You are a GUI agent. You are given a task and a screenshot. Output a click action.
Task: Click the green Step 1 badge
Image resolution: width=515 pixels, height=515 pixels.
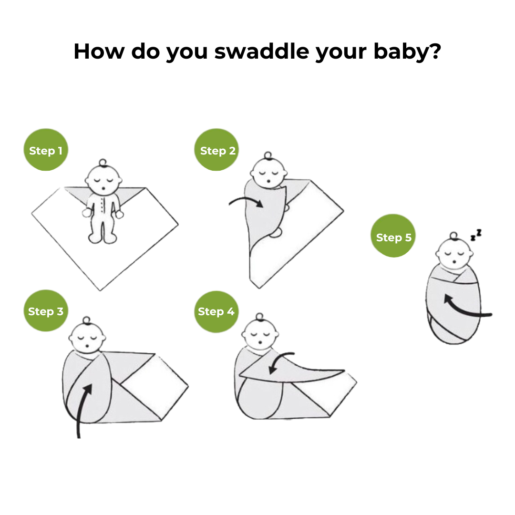click(x=46, y=150)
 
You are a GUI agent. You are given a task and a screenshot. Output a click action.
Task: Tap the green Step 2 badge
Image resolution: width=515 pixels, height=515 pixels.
click(x=216, y=150)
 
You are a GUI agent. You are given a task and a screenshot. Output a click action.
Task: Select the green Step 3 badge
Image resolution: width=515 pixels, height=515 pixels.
click(x=46, y=311)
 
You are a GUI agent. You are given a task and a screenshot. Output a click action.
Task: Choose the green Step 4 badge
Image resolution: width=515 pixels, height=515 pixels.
click(x=216, y=311)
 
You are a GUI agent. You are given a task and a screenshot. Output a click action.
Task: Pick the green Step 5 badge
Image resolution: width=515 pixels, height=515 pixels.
click(x=393, y=236)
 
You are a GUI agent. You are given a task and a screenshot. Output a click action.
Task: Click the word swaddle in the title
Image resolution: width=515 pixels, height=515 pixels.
click(x=262, y=51)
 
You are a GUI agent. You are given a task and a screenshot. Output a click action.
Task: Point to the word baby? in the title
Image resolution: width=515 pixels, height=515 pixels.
click(x=407, y=52)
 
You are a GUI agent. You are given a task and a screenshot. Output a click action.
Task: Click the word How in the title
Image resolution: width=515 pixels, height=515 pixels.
click(x=99, y=51)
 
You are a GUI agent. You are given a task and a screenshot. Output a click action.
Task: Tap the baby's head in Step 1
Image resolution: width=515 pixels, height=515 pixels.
click(x=103, y=179)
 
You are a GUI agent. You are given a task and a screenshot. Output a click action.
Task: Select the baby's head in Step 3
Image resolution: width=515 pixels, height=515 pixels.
click(x=87, y=336)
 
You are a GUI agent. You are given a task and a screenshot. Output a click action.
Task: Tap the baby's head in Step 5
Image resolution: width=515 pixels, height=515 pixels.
click(x=454, y=252)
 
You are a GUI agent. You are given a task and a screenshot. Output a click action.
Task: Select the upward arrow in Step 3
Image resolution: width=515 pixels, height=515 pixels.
click(x=82, y=411)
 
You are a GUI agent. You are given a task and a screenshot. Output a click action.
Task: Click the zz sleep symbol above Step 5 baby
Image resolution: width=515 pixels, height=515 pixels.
click(x=476, y=235)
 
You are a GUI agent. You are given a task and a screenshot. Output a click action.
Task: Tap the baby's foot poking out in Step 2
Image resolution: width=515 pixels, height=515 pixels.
click(x=276, y=233)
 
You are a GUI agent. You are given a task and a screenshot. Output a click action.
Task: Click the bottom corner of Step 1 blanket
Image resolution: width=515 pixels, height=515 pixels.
click(x=100, y=291)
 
